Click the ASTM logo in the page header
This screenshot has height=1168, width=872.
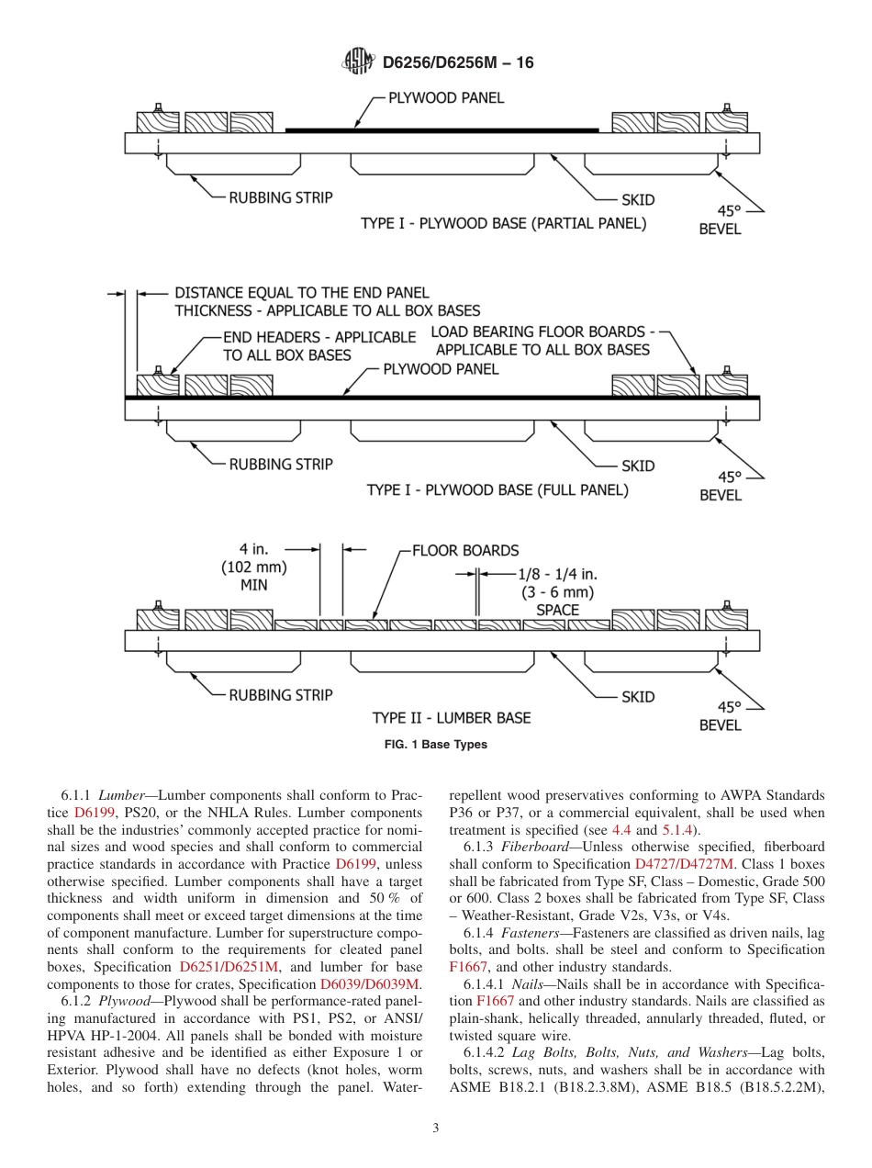[x=358, y=62]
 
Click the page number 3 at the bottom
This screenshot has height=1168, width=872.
[x=436, y=1129]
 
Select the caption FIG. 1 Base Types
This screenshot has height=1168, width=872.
[x=435, y=745]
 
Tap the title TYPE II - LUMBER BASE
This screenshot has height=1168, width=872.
[x=452, y=718]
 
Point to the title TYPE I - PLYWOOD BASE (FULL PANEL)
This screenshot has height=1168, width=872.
[x=497, y=490]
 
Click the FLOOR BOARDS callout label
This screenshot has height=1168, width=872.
[x=464, y=551]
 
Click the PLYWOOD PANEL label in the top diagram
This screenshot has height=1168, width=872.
[x=446, y=98]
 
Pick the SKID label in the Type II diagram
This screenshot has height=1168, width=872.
[x=638, y=697]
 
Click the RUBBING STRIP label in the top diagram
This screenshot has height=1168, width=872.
[x=280, y=197]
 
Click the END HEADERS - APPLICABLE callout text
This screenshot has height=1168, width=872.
[x=319, y=346]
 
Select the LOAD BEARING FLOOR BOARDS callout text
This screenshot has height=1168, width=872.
[x=542, y=340]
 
